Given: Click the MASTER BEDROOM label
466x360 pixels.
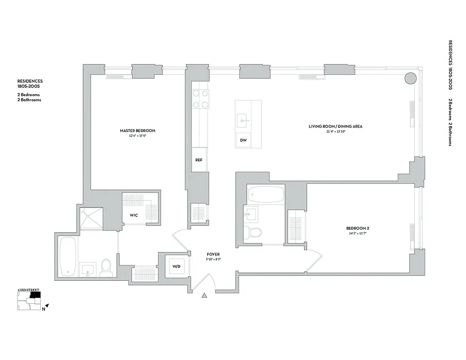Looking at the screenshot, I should pos(137,130).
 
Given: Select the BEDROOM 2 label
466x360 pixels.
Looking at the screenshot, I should pos(358,228).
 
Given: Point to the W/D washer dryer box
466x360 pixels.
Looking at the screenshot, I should pos(176,267).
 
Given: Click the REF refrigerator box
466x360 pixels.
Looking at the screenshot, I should pos(199,160).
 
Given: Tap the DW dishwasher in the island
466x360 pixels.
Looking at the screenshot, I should pos(243,140).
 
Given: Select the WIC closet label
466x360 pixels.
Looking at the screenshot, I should pos(134,215).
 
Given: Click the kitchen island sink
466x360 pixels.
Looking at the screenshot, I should pos(243,120).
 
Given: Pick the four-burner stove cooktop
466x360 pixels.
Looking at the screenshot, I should pos(200,99).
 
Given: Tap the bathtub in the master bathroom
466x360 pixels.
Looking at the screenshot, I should pos(68,256).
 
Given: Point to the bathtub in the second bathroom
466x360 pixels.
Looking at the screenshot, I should pos(265,194).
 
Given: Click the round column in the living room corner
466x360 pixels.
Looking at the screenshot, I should pos(410,79).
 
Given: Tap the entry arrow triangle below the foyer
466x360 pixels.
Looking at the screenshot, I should pos(204,296).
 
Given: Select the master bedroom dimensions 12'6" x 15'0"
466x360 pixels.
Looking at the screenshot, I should pos(137,135).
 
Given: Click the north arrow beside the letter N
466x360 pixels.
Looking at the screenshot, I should pos(46,306).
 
